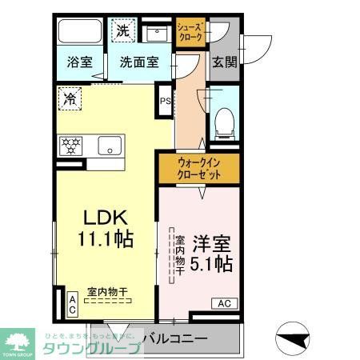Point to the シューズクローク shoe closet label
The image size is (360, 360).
(190, 32)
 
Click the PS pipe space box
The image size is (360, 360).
(165, 101)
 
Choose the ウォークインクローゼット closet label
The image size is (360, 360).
(199, 169)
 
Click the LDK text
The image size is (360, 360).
(106, 218)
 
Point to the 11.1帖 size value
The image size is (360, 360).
(106, 239)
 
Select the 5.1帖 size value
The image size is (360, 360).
(212, 262)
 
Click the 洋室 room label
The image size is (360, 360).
(212, 241)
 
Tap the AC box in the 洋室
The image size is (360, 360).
(223, 303)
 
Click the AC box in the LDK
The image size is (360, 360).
(72, 305)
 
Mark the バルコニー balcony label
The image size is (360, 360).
(175, 338)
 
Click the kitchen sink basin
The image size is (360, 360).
(110, 146)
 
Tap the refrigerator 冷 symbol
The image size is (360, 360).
(70, 100)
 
